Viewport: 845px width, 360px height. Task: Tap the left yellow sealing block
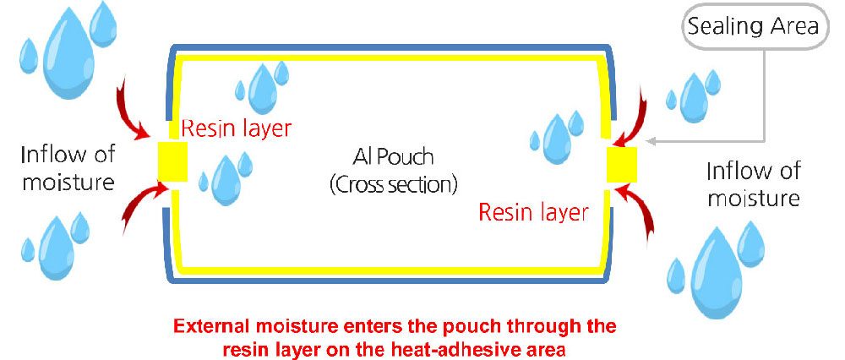pyautogui.click(x=172, y=161)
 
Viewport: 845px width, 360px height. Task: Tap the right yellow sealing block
pyautogui.click(x=622, y=164)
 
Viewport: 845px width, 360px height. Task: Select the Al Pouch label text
pyautogui.click(x=390, y=158)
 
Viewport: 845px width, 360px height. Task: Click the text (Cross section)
pyautogui.click(x=394, y=184)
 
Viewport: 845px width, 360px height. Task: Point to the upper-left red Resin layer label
pyautogui.click(x=237, y=128)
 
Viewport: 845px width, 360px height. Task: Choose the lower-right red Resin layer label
pyautogui.click(x=533, y=212)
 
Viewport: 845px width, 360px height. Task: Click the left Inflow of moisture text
pyautogui.click(x=68, y=167)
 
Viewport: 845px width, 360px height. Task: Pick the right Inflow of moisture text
pyautogui.click(x=754, y=185)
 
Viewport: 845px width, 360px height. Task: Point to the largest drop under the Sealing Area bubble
pyautogui.click(x=694, y=99)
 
